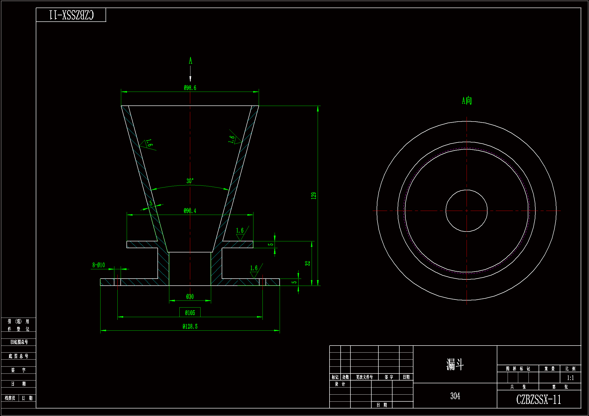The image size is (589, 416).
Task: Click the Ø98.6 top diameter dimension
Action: click(190, 88)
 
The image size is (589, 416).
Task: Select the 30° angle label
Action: click(190, 181)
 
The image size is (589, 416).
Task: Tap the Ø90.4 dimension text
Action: click(190, 211)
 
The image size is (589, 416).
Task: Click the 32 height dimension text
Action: click(308, 263)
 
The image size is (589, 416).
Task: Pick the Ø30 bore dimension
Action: click(190, 297)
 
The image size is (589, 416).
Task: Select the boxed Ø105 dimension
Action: click(190, 313)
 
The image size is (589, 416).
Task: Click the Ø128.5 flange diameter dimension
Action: click(190, 327)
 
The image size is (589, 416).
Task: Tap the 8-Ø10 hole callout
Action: click(99, 265)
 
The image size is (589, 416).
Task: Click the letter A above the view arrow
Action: click(190, 61)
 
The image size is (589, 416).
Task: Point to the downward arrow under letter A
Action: click(190, 74)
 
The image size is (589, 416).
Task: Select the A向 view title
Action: click(467, 100)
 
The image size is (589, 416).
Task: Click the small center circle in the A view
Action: click(467, 211)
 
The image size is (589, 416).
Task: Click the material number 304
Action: click(455, 396)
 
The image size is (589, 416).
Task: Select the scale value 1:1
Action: click(570, 378)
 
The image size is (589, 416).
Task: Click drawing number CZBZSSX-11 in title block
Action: click(538, 400)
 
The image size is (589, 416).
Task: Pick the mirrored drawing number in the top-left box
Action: click(71, 15)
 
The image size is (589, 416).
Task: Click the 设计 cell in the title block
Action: click(340, 384)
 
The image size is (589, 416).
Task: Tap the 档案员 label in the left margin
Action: click(10, 398)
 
